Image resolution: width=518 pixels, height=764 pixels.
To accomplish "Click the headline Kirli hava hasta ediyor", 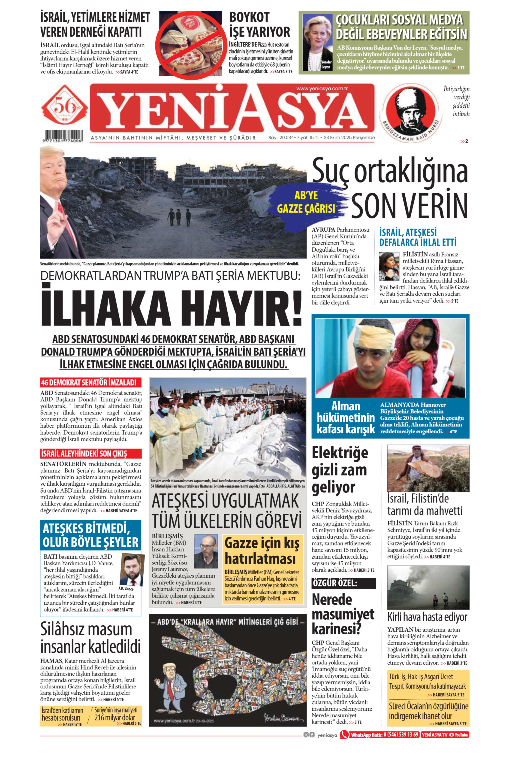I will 427,617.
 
